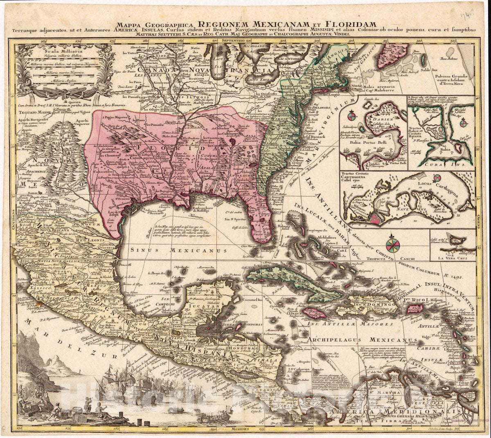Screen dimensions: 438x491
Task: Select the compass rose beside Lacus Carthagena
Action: coord(437,178)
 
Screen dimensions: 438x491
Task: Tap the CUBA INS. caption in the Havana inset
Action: coord(442,165)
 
